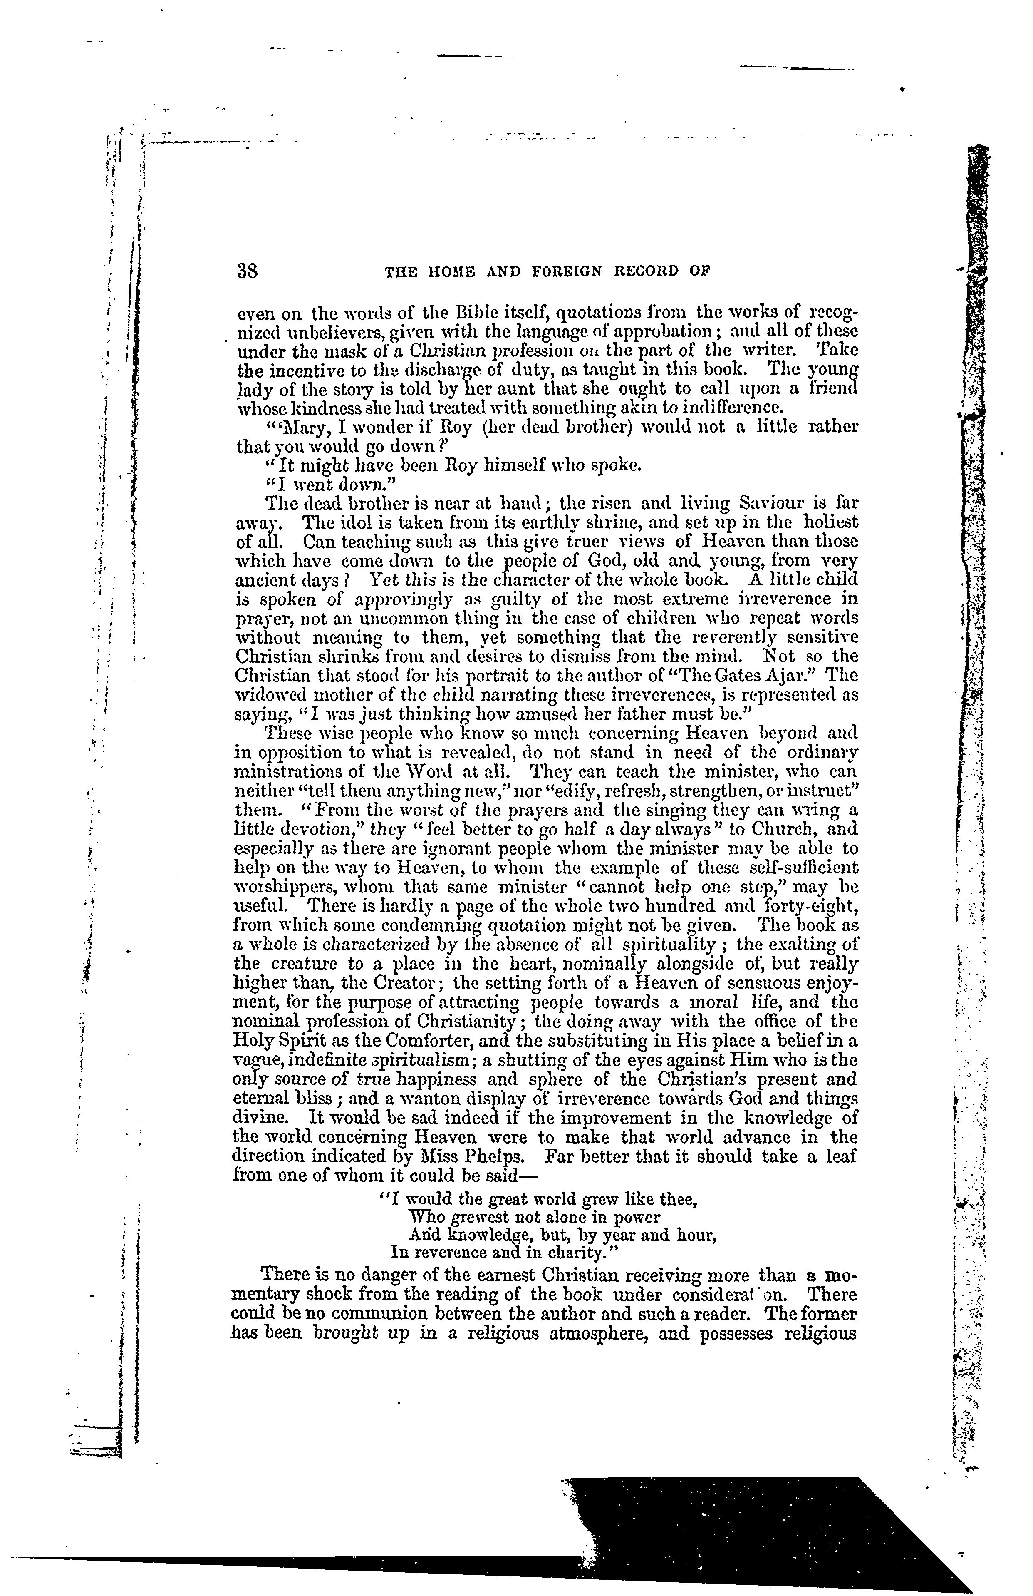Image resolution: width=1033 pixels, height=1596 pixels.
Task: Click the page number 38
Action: (x=248, y=271)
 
